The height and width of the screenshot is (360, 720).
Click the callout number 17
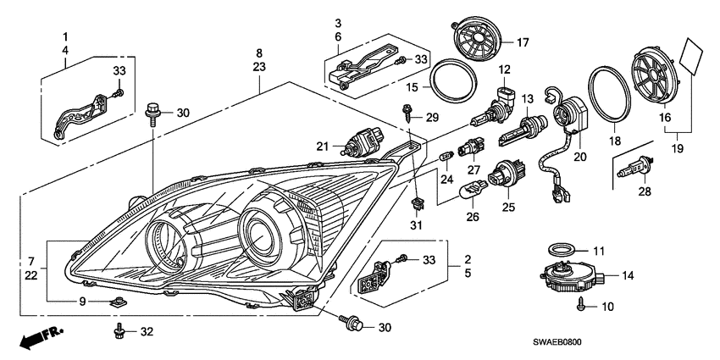[523, 41]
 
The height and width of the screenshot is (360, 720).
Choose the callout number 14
[628, 276]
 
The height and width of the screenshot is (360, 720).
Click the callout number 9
[82, 301]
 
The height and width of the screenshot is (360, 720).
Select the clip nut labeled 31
[416, 203]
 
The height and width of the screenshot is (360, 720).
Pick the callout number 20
[579, 156]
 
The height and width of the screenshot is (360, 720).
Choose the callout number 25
[509, 207]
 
